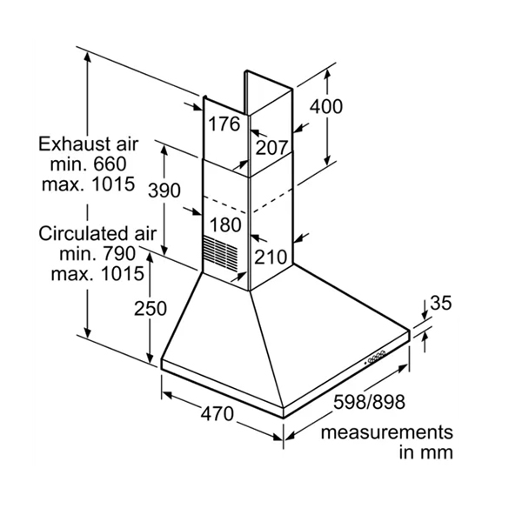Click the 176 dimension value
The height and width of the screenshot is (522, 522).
point(224,124)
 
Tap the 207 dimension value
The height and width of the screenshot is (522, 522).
point(271,148)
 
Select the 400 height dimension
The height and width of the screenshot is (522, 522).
point(326,107)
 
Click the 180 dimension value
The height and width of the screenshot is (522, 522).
point(225,225)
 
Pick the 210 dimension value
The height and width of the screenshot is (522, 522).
point(271,257)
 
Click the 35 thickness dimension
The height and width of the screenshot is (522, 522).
point(442,303)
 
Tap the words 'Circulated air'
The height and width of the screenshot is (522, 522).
point(97,233)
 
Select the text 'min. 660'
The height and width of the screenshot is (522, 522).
point(88,164)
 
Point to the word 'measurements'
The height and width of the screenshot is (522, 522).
point(386,432)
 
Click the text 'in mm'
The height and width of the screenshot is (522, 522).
point(426,453)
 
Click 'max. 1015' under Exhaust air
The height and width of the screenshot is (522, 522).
point(88,184)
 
